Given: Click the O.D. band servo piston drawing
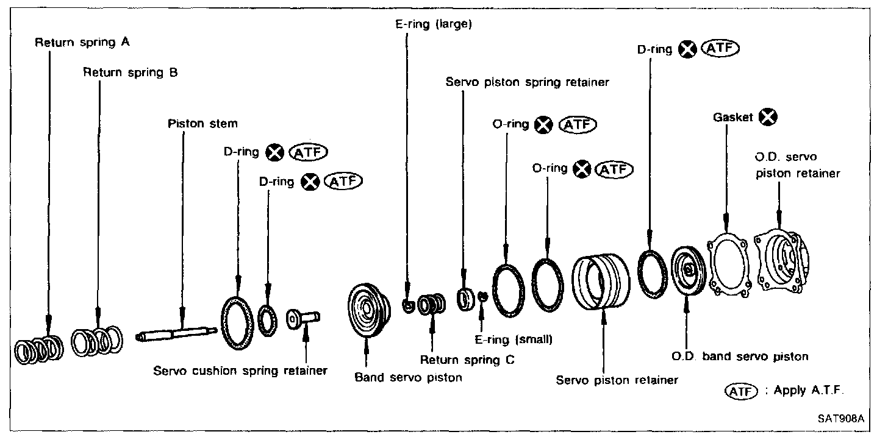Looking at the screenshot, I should [x=687, y=270].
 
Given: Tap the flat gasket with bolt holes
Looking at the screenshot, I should [x=728, y=266].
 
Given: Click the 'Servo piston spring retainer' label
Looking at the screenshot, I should [x=527, y=82].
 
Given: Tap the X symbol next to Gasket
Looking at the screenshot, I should [x=768, y=117].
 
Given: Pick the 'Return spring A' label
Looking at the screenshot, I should [x=82, y=43].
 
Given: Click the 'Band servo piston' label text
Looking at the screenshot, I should [x=408, y=377].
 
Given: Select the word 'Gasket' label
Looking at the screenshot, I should [x=732, y=118].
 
